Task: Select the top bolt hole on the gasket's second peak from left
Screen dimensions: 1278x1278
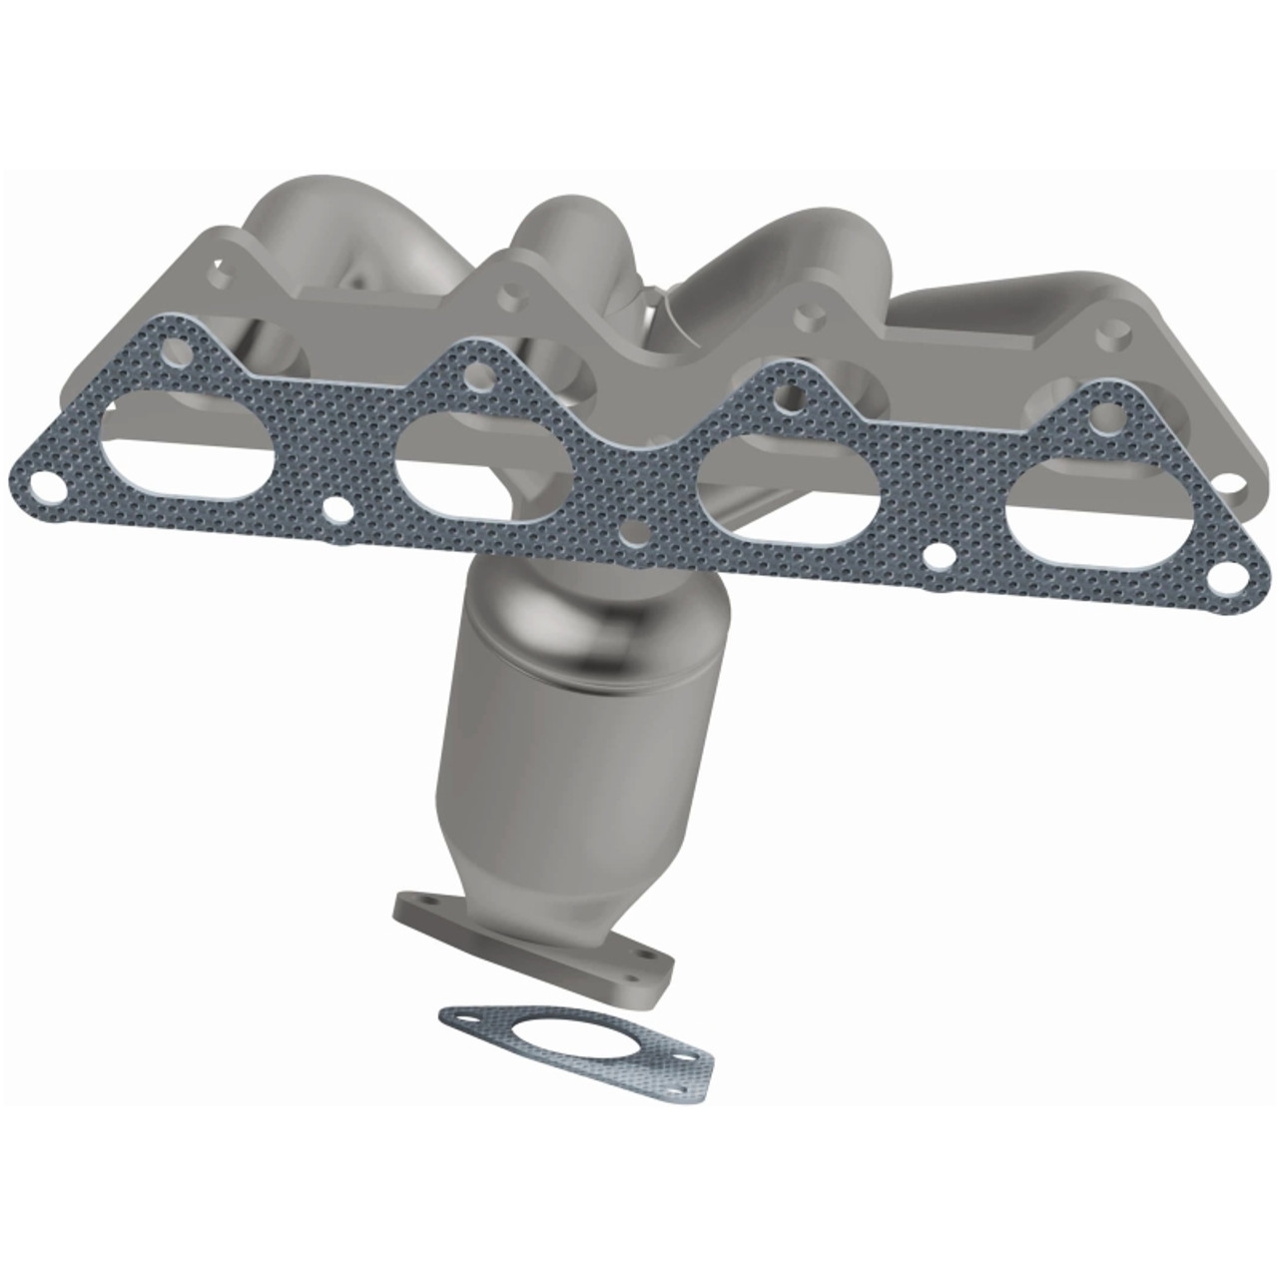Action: click(477, 375)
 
